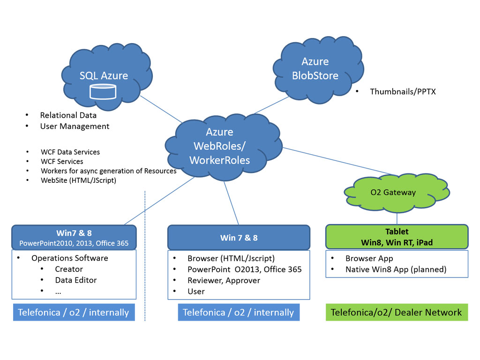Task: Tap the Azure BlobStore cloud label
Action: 315,68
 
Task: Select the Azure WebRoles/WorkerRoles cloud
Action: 219,146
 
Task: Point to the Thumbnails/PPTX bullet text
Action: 403,92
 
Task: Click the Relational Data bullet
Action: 68,115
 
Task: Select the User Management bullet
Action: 75,127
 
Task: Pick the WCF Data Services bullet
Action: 70,152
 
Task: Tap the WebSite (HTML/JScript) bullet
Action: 78,180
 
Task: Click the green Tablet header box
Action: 397,237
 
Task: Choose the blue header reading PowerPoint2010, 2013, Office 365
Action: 74,243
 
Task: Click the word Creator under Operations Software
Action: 69,269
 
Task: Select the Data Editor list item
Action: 75,280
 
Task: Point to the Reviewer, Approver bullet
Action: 224,280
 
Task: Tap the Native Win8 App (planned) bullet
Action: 396,270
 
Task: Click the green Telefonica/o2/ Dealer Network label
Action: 397,313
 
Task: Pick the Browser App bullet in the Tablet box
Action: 369,259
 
